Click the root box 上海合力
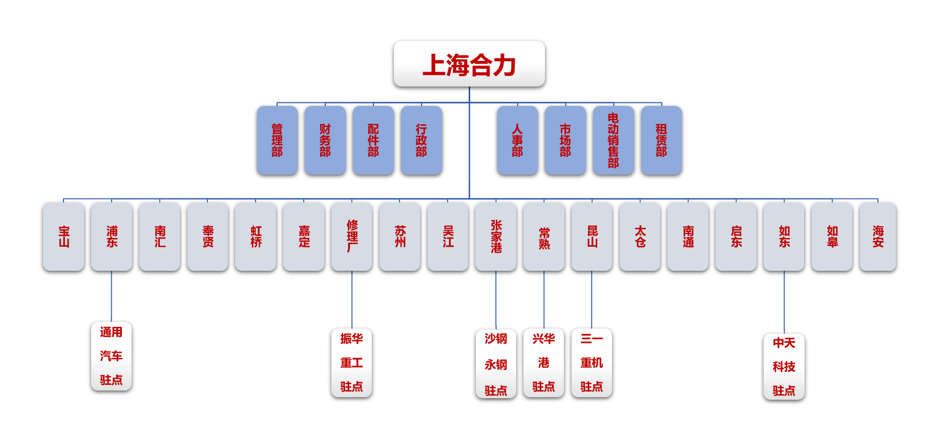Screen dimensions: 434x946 (469, 64)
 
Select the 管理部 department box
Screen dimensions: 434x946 (277, 140)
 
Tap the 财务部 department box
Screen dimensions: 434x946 (325, 140)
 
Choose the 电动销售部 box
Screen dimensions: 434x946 (613, 140)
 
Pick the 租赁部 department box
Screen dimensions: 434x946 (661, 140)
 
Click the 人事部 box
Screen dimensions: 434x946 (517, 140)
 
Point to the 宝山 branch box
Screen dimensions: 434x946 (64, 236)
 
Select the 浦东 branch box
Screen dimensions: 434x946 (112, 236)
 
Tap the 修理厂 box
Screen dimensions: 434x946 (352, 236)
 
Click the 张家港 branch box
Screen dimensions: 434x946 (496, 236)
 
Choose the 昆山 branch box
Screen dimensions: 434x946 (592, 236)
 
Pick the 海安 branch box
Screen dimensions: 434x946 (878, 236)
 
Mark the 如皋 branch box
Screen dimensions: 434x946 (832, 236)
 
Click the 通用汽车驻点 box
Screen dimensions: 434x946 (111, 356)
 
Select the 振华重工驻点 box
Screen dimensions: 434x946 (351, 363)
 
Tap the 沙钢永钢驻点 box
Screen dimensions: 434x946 (496, 364)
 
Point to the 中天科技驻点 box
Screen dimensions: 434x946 (784, 367)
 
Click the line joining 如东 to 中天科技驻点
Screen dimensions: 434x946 (784, 302)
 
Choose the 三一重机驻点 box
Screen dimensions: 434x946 (592, 363)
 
